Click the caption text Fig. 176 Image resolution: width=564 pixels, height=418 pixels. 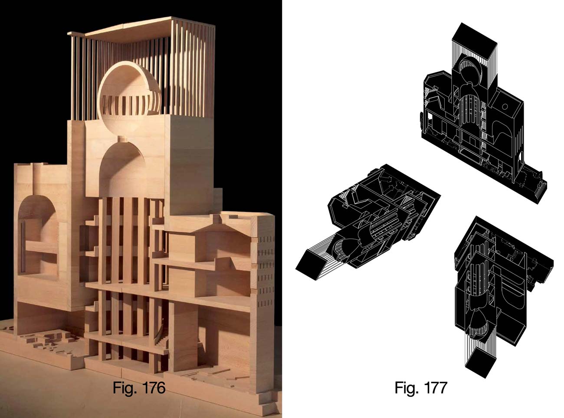(x=139, y=388)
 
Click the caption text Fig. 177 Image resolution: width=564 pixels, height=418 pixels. (x=421, y=388)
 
